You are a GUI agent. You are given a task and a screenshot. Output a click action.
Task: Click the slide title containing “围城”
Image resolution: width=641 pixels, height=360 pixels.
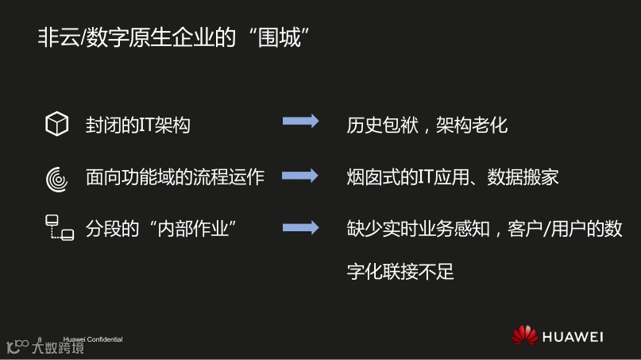[172, 37]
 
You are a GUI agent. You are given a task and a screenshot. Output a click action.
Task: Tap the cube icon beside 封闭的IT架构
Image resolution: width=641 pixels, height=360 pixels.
[56, 124]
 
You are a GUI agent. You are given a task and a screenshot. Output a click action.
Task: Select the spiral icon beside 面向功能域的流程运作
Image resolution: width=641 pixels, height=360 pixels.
[56, 177]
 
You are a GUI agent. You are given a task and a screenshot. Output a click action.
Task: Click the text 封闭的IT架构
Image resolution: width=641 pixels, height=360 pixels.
[138, 125]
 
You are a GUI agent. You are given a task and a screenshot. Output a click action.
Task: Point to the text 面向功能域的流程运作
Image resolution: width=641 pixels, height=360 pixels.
[175, 176]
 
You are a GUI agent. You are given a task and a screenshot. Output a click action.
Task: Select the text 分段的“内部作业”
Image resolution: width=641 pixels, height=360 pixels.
[162, 228]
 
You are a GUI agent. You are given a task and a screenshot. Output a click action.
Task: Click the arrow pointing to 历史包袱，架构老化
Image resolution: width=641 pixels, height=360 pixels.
[300, 122]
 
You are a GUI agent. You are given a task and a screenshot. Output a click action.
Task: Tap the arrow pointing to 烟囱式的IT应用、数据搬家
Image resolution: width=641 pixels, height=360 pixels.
[300, 175]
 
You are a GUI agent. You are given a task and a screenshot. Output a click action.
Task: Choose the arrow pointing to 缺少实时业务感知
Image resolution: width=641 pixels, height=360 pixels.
[300, 227]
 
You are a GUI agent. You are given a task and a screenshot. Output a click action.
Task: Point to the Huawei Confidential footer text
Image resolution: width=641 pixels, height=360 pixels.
[93, 339]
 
